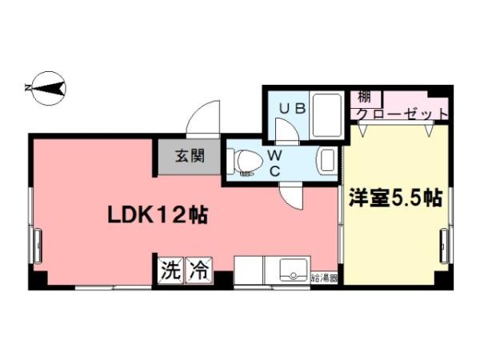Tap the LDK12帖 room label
coord(158,215)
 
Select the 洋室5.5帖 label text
coord(396,198)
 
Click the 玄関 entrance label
coord(190,156)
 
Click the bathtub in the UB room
coord(327,116)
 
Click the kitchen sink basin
coord(294,270)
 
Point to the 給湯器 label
coord(324,278)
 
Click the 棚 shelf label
coord(364,98)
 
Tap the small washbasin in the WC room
coord(327,161)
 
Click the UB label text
coord(293,109)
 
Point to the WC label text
coord(275,163)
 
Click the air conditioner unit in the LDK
coord(38,246)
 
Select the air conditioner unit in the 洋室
coord(444,246)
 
